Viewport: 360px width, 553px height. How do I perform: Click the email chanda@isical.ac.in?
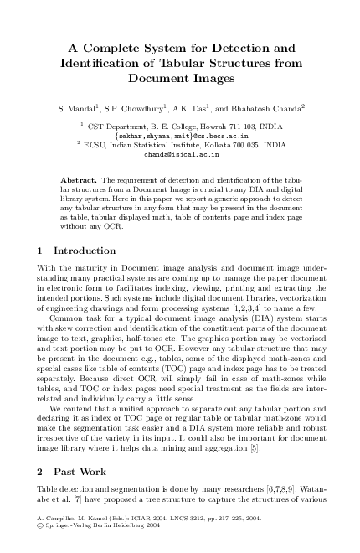coord(180,154)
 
